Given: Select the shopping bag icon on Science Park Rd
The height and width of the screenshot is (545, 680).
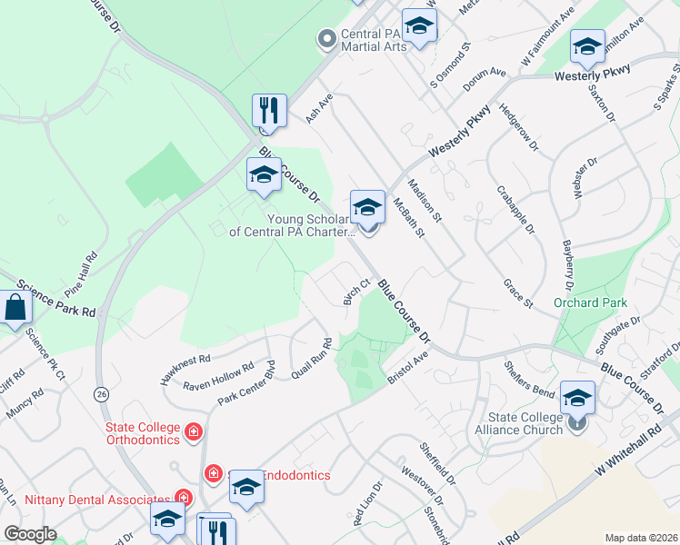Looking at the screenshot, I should (x=15, y=308).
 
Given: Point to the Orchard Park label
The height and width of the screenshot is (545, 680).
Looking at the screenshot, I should (x=585, y=302).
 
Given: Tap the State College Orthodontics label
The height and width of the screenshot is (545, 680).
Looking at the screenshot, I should (x=143, y=434).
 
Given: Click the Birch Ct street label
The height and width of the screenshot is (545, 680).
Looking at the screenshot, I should (x=356, y=291).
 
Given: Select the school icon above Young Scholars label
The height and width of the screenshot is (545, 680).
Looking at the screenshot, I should (x=367, y=208).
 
